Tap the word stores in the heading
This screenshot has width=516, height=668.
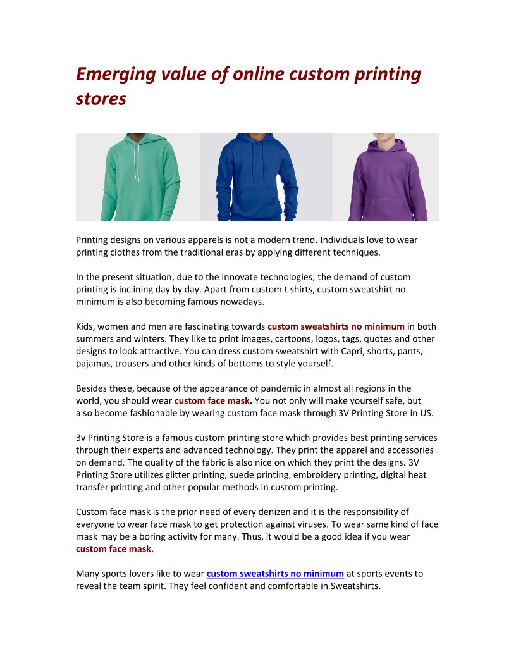(101, 99)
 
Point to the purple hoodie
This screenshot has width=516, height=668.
(388, 183)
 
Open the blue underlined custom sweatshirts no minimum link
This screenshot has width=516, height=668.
(275, 574)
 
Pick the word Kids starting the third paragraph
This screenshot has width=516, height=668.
(85, 326)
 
